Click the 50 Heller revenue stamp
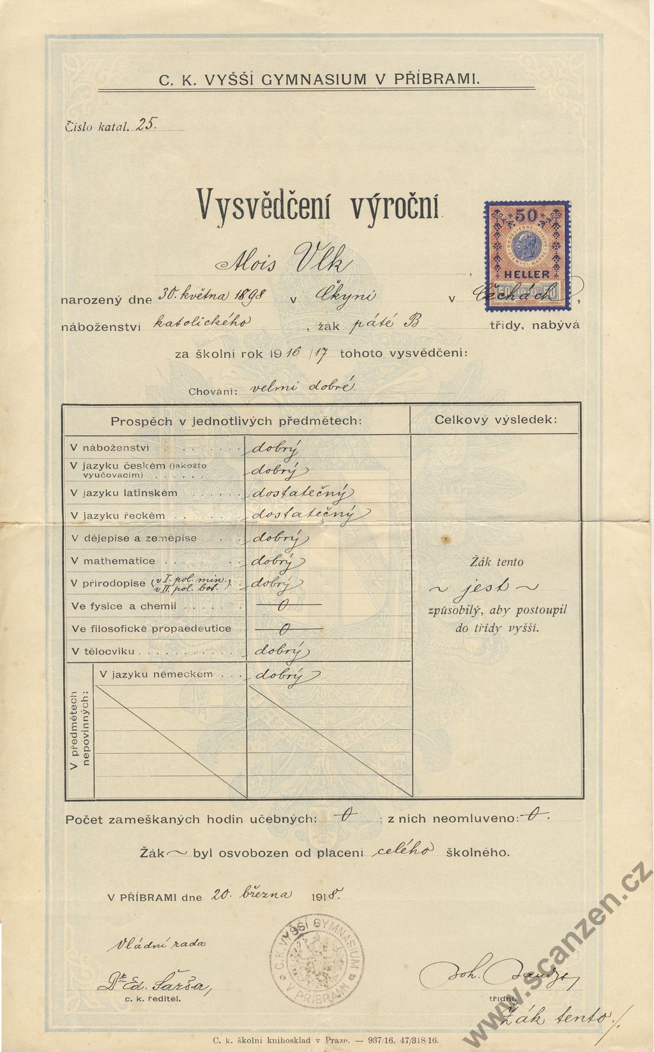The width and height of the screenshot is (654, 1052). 527,257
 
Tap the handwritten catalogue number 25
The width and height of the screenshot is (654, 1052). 146,125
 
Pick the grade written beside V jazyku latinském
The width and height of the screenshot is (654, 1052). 300,493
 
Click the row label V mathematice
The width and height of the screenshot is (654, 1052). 113,561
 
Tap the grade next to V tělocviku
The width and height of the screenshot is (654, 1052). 281,651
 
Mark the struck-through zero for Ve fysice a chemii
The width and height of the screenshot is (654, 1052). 283,606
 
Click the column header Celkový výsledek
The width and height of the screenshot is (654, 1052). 495,419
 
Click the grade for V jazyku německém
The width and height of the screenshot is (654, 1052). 280,675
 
